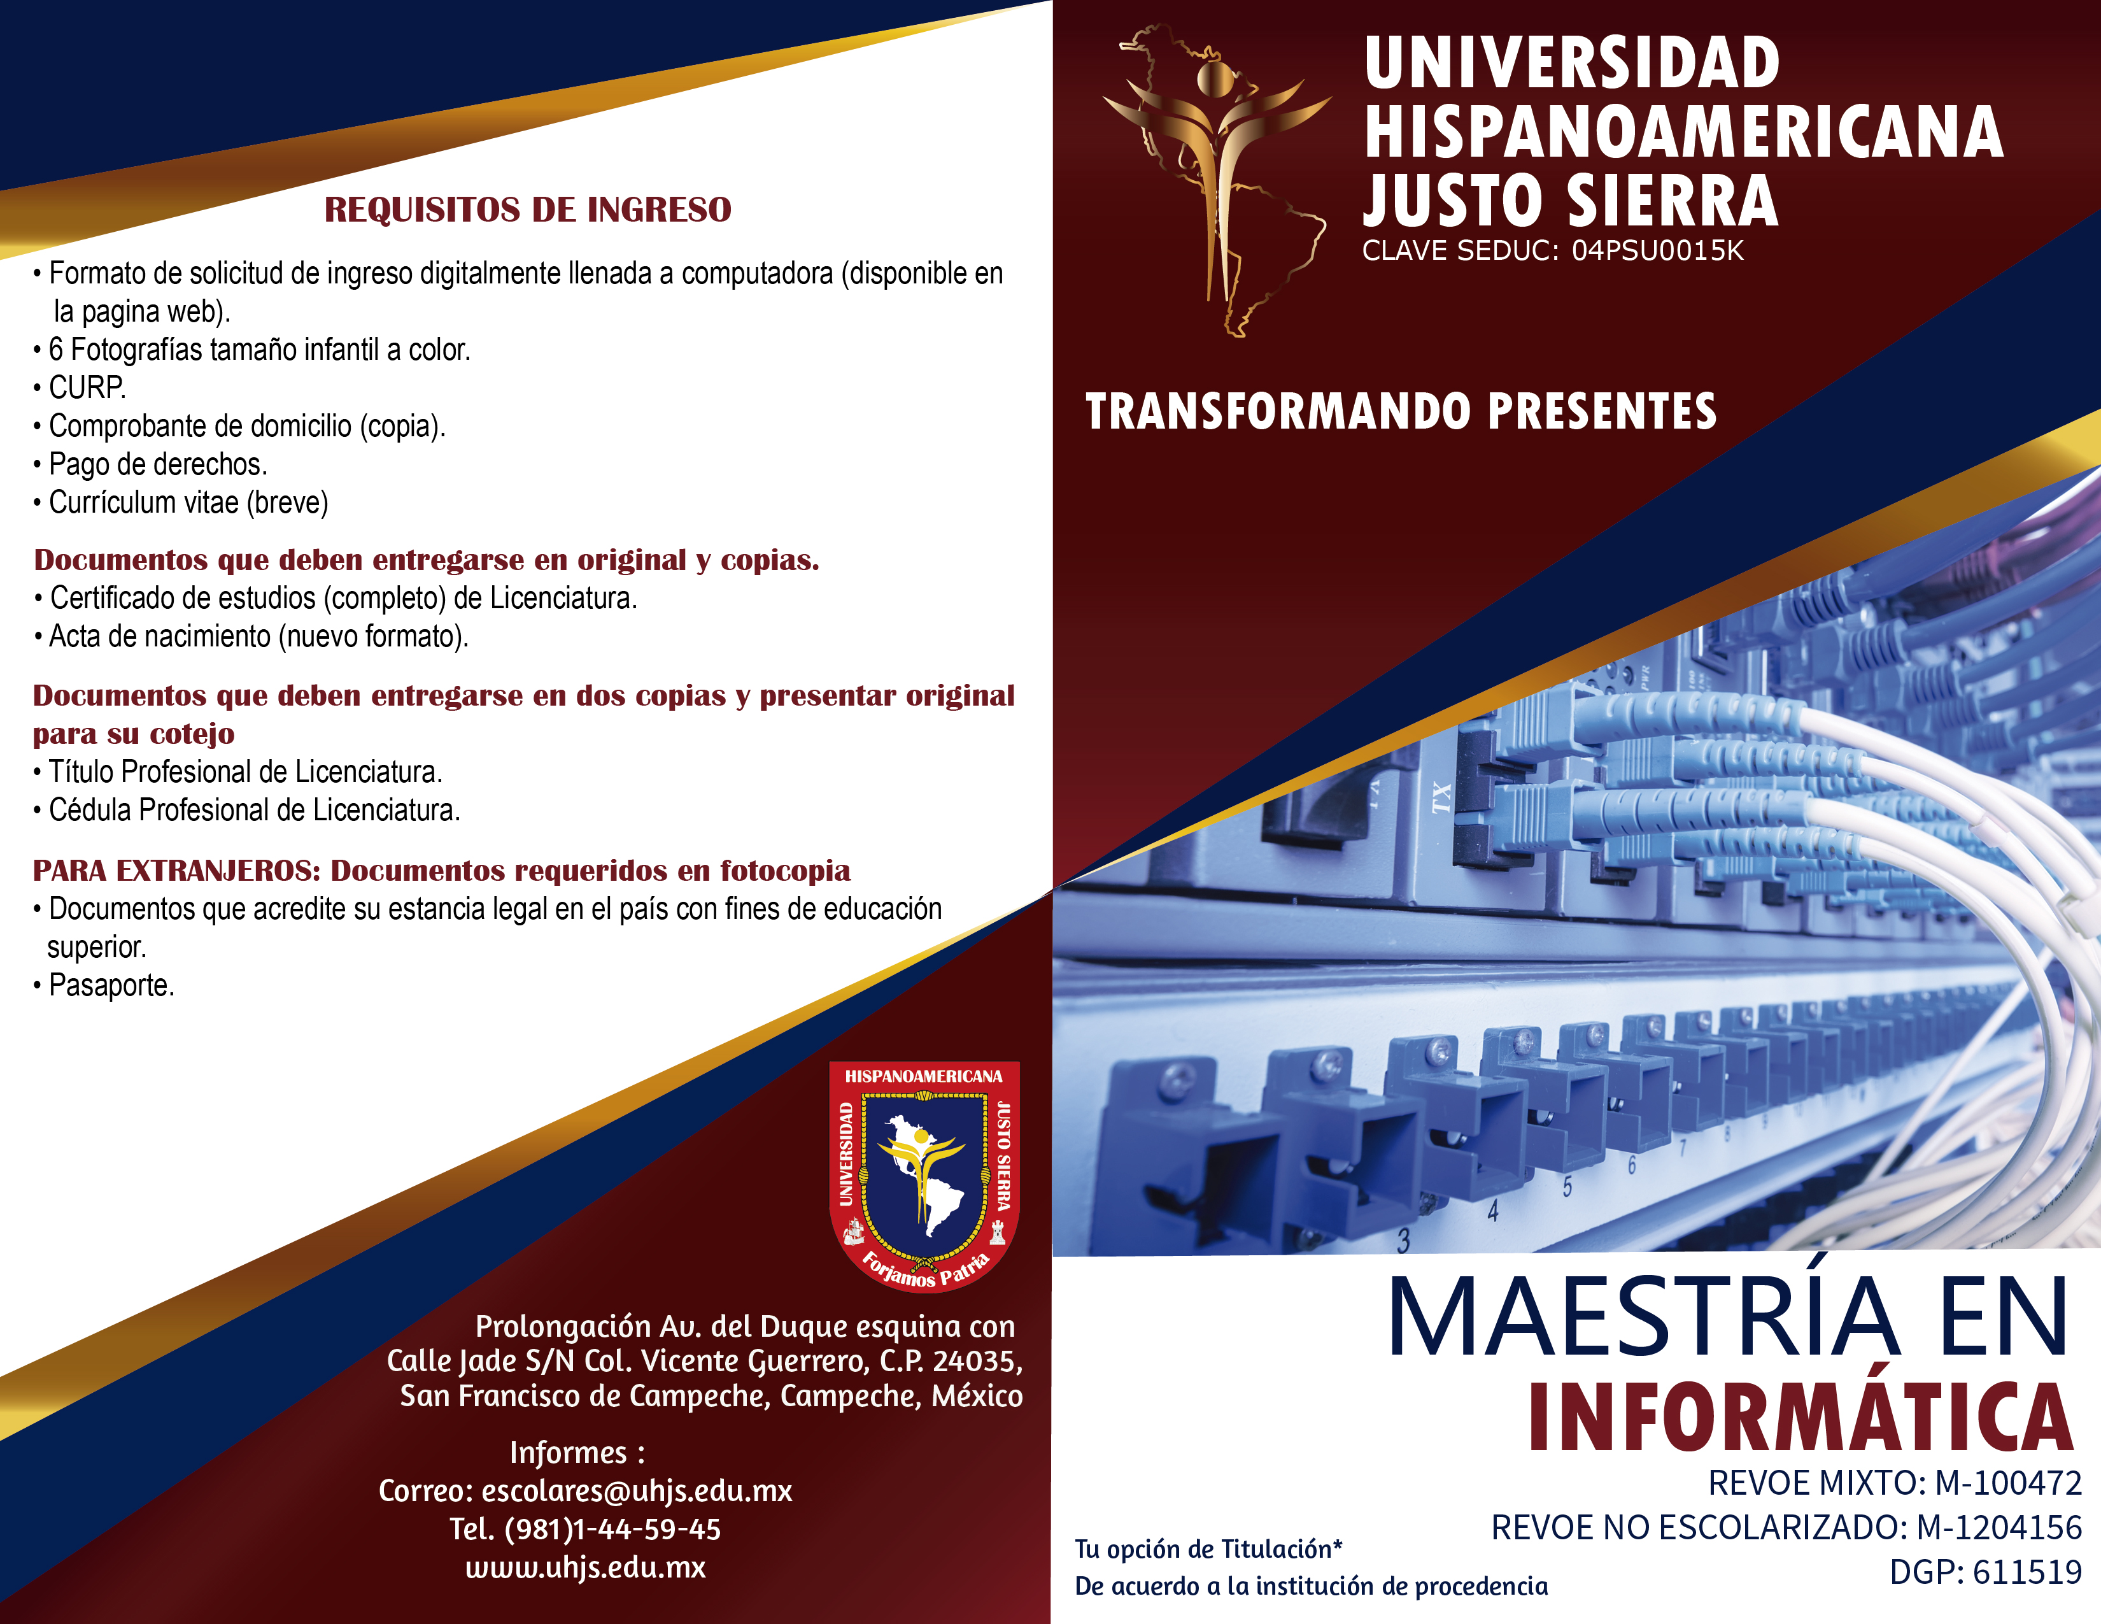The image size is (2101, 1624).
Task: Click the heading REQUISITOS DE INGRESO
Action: (527, 210)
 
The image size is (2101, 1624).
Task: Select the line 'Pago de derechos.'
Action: (158, 465)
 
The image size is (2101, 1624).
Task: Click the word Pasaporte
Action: (111, 985)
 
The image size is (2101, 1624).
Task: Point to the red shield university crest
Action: (924, 1176)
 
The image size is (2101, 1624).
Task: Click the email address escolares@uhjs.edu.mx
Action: (637, 1492)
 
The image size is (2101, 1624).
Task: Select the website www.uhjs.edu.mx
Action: (585, 1567)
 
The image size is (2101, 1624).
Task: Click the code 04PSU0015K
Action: (1657, 251)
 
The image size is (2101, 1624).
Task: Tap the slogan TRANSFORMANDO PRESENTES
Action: (1401, 412)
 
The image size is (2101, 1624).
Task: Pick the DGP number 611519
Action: (2027, 1572)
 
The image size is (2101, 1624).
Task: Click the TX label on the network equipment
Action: (1440, 799)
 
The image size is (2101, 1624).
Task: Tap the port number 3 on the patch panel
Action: (1404, 1241)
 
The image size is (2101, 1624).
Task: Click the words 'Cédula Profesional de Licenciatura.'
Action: (255, 811)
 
